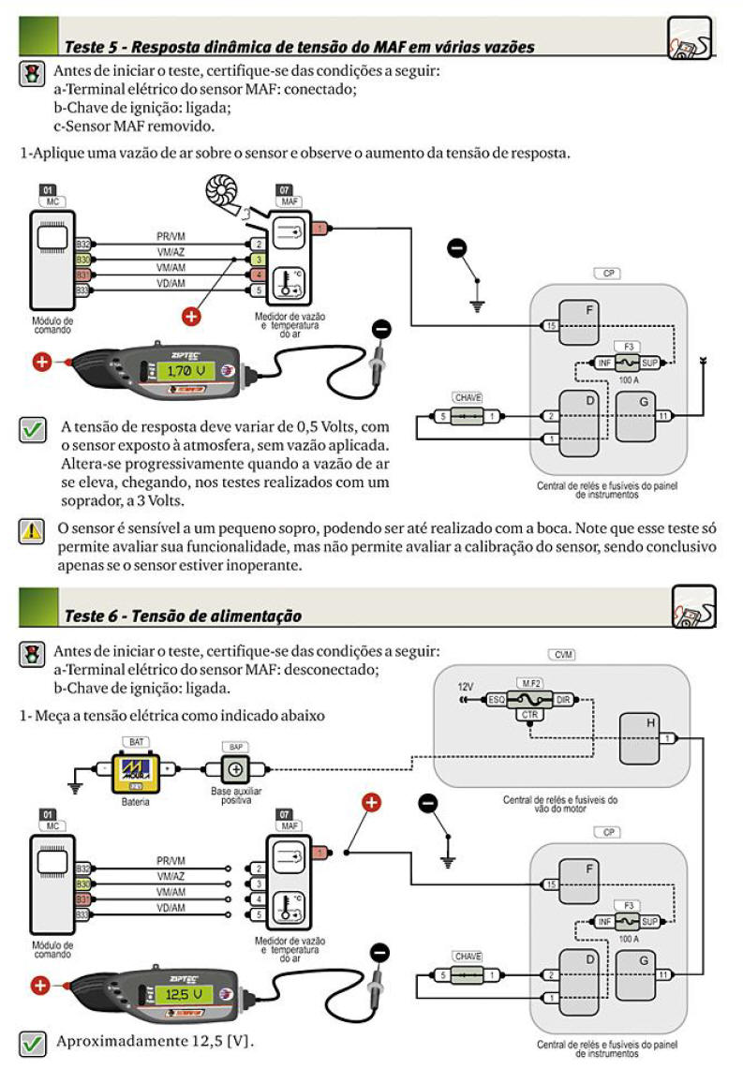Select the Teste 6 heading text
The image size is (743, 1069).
tap(183, 616)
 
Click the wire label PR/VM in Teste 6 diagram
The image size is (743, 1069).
tap(170, 861)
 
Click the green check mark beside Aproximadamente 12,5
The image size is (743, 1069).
tap(32, 1042)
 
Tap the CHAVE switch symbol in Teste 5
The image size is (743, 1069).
tap(466, 415)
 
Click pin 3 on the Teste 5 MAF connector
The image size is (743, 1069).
tap(258, 258)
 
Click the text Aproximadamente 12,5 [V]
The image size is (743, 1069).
tap(156, 1042)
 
